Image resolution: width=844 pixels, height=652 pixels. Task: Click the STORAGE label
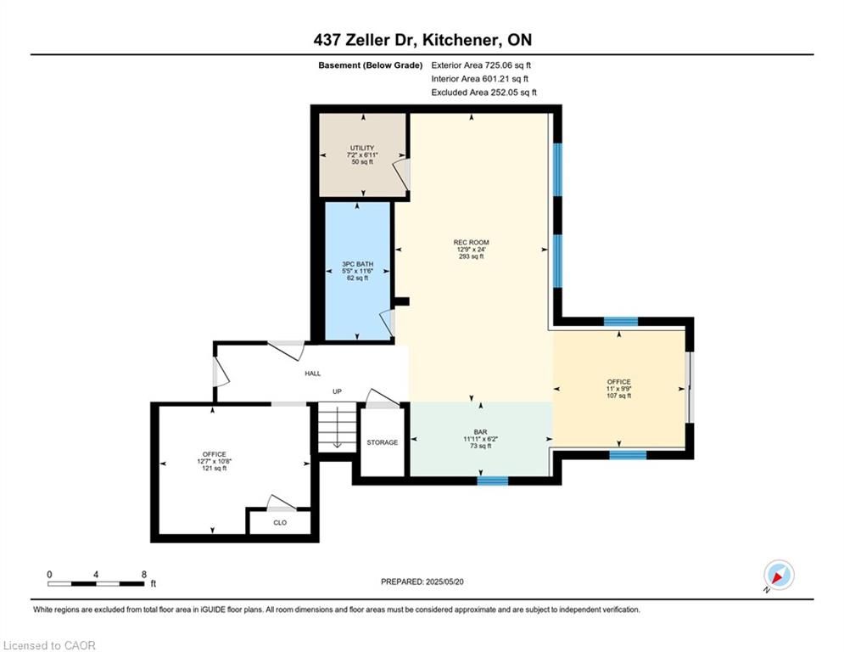tap(383, 442)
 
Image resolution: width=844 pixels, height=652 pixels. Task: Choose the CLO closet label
tap(280, 523)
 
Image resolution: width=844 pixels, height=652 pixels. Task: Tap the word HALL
tap(313, 374)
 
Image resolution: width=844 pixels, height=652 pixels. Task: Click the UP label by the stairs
tap(337, 391)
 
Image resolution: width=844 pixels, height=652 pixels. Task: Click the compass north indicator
tap(779, 575)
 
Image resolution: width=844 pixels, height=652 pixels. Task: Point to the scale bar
tap(96, 583)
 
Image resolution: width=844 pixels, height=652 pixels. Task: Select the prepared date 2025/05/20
tap(444, 582)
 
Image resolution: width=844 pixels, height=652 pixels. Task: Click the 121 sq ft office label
tap(215, 461)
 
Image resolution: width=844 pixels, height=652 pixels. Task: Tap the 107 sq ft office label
tap(618, 389)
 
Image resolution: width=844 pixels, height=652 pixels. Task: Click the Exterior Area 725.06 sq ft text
tap(481, 65)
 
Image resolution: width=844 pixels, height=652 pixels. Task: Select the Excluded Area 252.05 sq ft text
tap(483, 93)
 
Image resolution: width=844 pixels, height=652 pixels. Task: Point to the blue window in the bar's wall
tap(493, 481)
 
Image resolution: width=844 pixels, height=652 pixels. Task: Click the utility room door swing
tap(401, 172)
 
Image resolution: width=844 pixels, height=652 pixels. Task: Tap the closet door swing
tap(282, 503)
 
